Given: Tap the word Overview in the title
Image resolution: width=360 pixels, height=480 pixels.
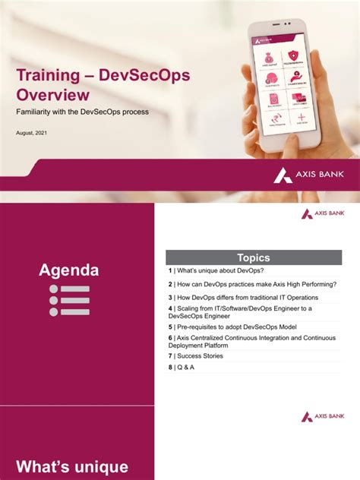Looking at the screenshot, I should click(x=53, y=96).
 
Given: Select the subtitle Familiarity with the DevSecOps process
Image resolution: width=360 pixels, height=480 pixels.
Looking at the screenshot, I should click(x=81, y=112).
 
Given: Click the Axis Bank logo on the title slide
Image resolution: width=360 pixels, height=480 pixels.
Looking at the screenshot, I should click(x=309, y=175).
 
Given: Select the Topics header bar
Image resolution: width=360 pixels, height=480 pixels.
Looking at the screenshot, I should click(x=253, y=257).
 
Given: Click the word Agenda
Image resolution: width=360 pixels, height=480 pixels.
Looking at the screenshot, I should click(x=69, y=270).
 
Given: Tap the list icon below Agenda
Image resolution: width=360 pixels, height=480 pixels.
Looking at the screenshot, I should click(x=69, y=300).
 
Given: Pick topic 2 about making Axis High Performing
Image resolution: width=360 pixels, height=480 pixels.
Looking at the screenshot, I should click(x=252, y=284).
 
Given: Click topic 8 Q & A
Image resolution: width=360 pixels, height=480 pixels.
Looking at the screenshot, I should click(x=182, y=368).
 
